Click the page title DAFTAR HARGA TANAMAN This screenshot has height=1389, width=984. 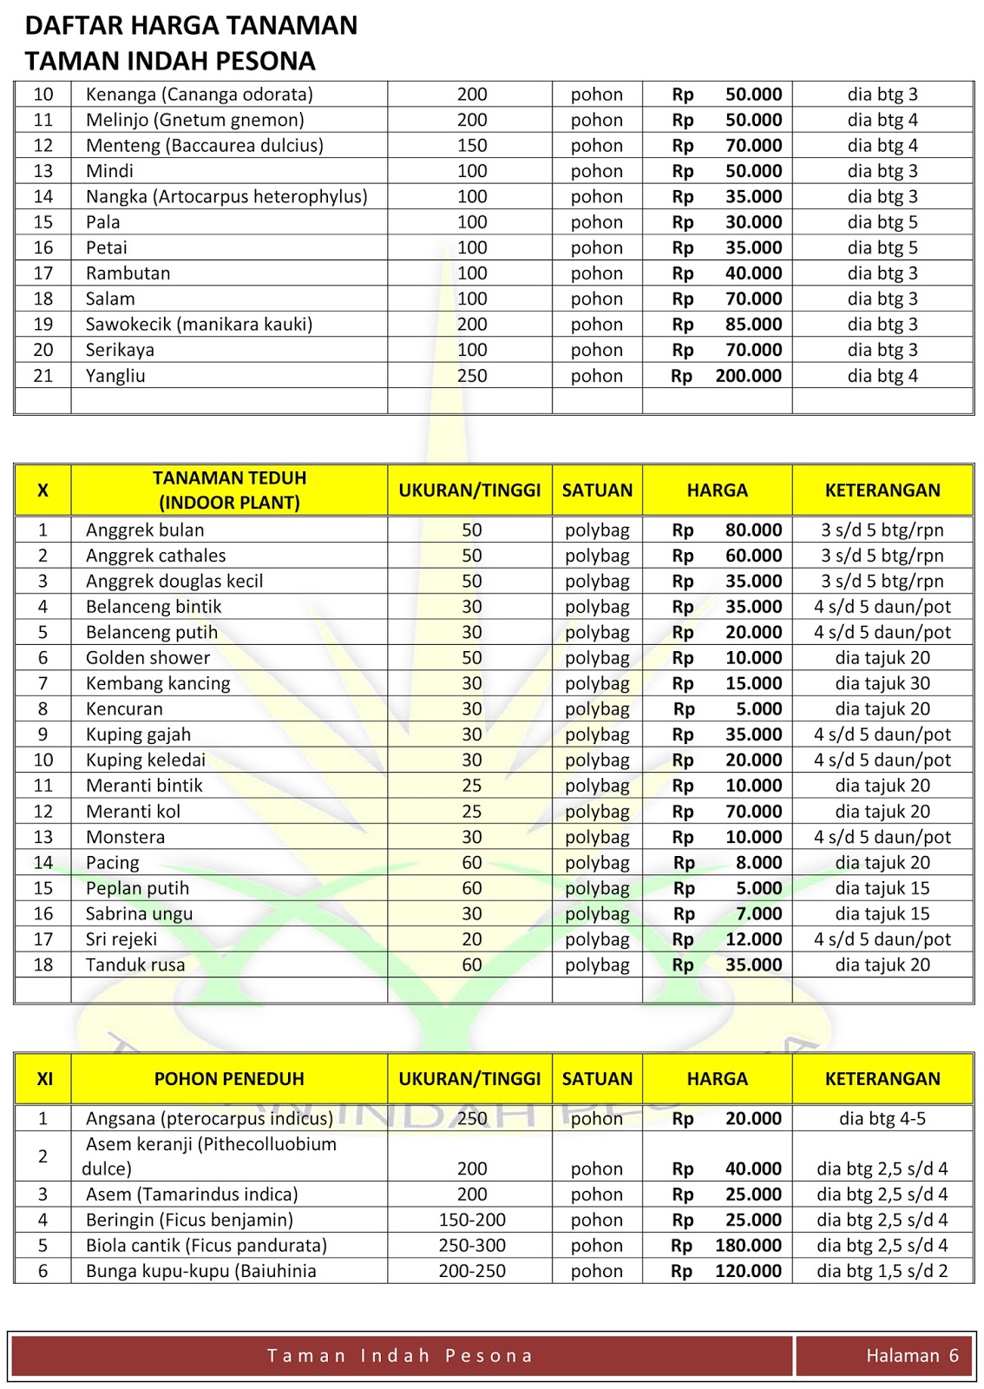tap(191, 25)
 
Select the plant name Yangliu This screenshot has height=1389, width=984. tap(115, 376)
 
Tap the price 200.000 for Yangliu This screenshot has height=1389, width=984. tap(748, 376)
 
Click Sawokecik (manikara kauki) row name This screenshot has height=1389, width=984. tap(199, 325)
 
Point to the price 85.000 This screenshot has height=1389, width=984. tap(753, 325)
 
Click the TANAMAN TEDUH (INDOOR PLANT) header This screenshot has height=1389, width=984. tap(229, 490)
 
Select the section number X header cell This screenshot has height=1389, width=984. tap(43, 490)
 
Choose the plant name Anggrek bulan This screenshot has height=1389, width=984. tap(145, 530)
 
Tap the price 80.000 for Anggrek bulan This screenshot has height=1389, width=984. tap(753, 530)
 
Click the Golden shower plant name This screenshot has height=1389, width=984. tap(148, 658)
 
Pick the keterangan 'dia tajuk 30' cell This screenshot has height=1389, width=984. tap(882, 684)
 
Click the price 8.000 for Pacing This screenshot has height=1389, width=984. tap(758, 863)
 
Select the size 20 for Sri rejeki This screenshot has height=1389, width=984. tap(472, 939)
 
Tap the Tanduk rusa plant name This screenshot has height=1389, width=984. tap(135, 965)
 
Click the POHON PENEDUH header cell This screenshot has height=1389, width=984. tap(229, 1079)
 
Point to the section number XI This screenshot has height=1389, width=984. tap(44, 1079)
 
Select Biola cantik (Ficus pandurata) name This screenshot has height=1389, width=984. tap(207, 1246)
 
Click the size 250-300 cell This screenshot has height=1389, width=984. tap(472, 1246)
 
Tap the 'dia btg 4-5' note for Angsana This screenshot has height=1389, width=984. tap(882, 1119)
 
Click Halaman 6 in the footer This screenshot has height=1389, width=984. tap(912, 1356)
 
